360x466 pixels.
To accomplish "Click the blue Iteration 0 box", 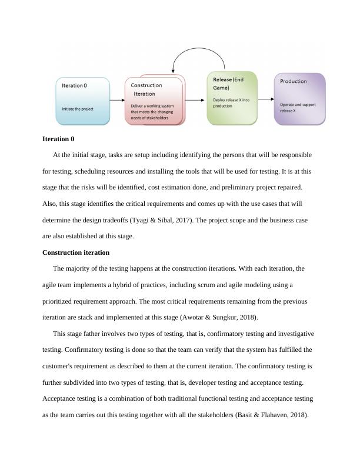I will click(x=82, y=101).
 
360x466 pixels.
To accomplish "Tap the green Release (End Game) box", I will click(x=232, y=98).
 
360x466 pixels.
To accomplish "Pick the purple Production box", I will click(x=299, y=98).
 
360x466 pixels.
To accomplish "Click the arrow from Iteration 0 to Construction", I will click(x=117, y=101).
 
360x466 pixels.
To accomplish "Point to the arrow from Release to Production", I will click(x=265, y=98).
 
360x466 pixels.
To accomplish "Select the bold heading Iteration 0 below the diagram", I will click(x=58, y=139).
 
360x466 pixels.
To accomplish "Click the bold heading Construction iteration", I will click(x=76, y=252).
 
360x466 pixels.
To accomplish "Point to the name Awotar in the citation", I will click(x=185, y=317).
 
